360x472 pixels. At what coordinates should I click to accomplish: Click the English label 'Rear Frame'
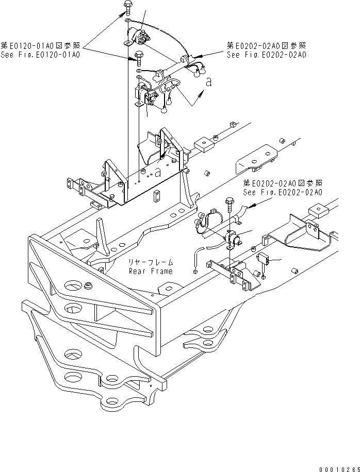point(151,271)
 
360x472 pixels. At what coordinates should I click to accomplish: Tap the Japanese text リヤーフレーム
point(151,262)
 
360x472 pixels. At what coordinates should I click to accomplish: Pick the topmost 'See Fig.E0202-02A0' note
point(266,54)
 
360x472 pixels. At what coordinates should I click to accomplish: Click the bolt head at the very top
point(127,8)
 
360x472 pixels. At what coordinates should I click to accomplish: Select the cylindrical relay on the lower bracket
point(236,239)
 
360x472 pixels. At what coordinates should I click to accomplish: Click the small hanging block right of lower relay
point(262,261)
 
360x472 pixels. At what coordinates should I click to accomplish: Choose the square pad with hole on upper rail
point(205,146)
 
